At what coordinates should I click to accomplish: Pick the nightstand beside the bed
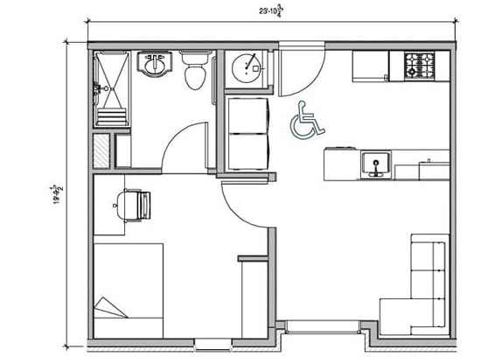[x=254, y=293]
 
